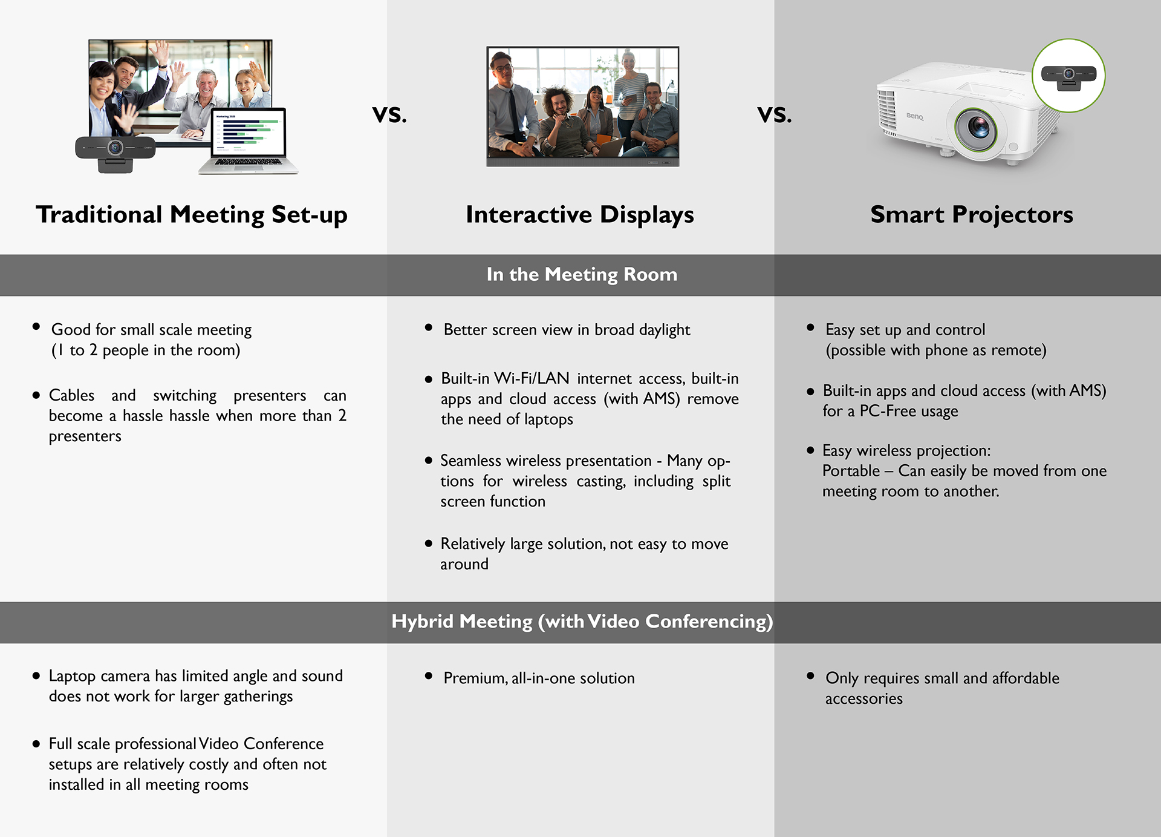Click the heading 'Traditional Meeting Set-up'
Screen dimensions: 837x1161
tap(191, 215)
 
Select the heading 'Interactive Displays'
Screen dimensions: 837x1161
tap(579, 215)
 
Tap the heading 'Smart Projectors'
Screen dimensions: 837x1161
tap(971, 215)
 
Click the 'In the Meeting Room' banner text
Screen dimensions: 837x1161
tap(581, 274)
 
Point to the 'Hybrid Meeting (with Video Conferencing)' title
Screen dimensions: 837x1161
tap(581, 622)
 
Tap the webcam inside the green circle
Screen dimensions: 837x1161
tap(1068, 76)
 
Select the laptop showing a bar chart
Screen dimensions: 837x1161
tap(249, 141)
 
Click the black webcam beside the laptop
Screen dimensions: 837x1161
tap(115, 151)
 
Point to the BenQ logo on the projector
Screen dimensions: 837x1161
tap(914, 116)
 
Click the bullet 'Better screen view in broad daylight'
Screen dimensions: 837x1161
tap(566, 330)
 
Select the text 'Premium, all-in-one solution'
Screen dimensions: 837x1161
tap(538, 678)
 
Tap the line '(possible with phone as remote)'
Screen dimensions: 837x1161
tap(935, 350)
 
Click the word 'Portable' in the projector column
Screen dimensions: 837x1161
tap(851, 471)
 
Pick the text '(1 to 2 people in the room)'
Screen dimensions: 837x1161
tap(145, 350)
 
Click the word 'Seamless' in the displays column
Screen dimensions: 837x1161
tap(470, 461)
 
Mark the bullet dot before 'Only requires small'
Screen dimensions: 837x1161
tap(810, 676)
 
